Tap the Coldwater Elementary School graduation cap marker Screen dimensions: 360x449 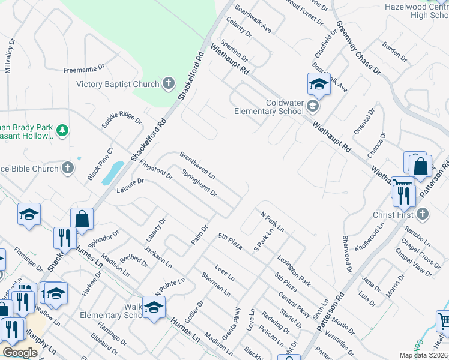click(x=312, y=106)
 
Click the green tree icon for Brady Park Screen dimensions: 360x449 click(x=61, y=130)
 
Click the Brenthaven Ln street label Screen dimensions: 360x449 click(x=197, y=165)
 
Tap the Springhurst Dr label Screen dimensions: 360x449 click(x=199, y=184)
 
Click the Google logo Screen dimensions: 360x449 click(x=20, y=353)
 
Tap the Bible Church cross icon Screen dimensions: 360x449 click(x=68, y=168)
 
